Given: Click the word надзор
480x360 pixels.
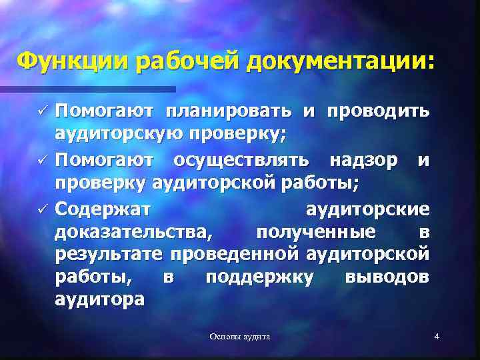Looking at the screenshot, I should tap(365, 159).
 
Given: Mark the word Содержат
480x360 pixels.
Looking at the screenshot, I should tap(103, 209).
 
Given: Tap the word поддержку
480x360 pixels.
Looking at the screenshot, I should tap(259, 276).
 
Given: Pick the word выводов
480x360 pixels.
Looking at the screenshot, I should tap(387, 276).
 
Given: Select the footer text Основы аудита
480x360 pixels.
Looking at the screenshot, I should tap(240, 337).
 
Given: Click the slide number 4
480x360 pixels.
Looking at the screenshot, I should tap(436, 337).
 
